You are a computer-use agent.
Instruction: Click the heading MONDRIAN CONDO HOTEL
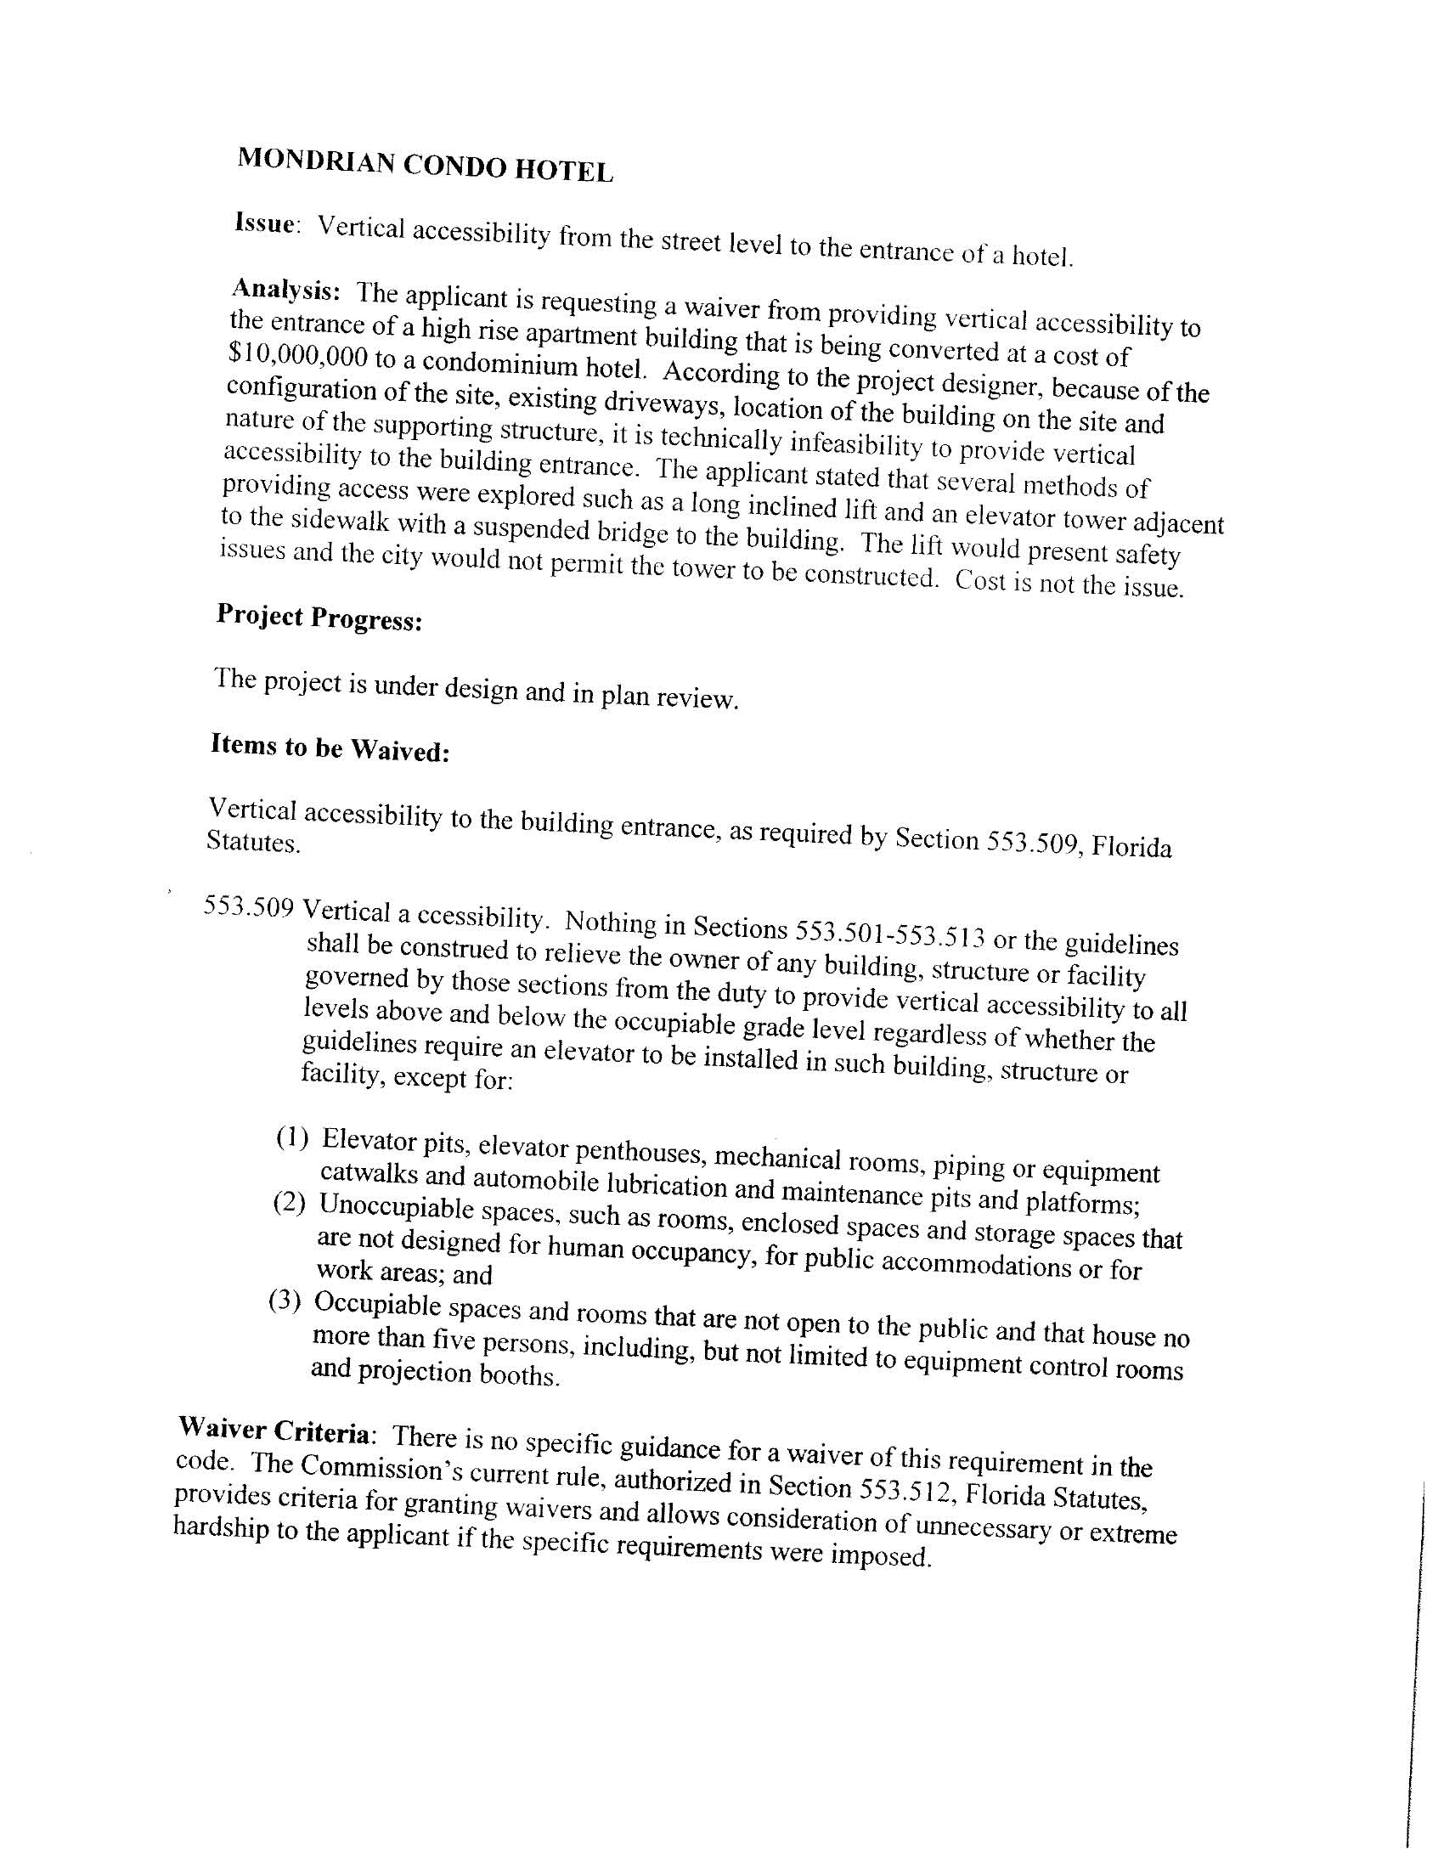coord(426,164)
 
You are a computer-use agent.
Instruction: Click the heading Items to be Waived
coord(330,748)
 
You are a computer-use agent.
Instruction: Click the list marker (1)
coord(291,1138)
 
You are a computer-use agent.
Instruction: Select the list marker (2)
coord(288,1204)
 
